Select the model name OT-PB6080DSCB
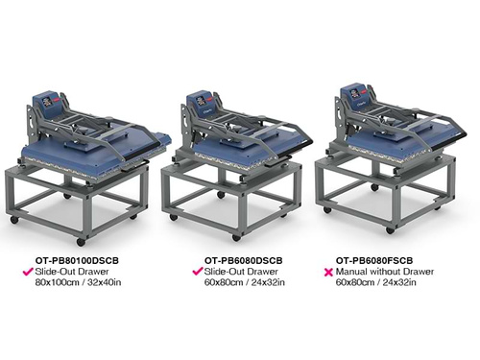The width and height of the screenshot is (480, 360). (x=243, y=259)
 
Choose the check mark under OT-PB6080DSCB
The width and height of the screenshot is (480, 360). (x=199, y=271)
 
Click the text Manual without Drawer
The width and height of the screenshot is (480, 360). (x=383, y=271)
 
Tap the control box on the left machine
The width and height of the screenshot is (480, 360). (x=47, y=102)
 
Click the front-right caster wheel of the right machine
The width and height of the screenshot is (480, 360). (x=390, y=229)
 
